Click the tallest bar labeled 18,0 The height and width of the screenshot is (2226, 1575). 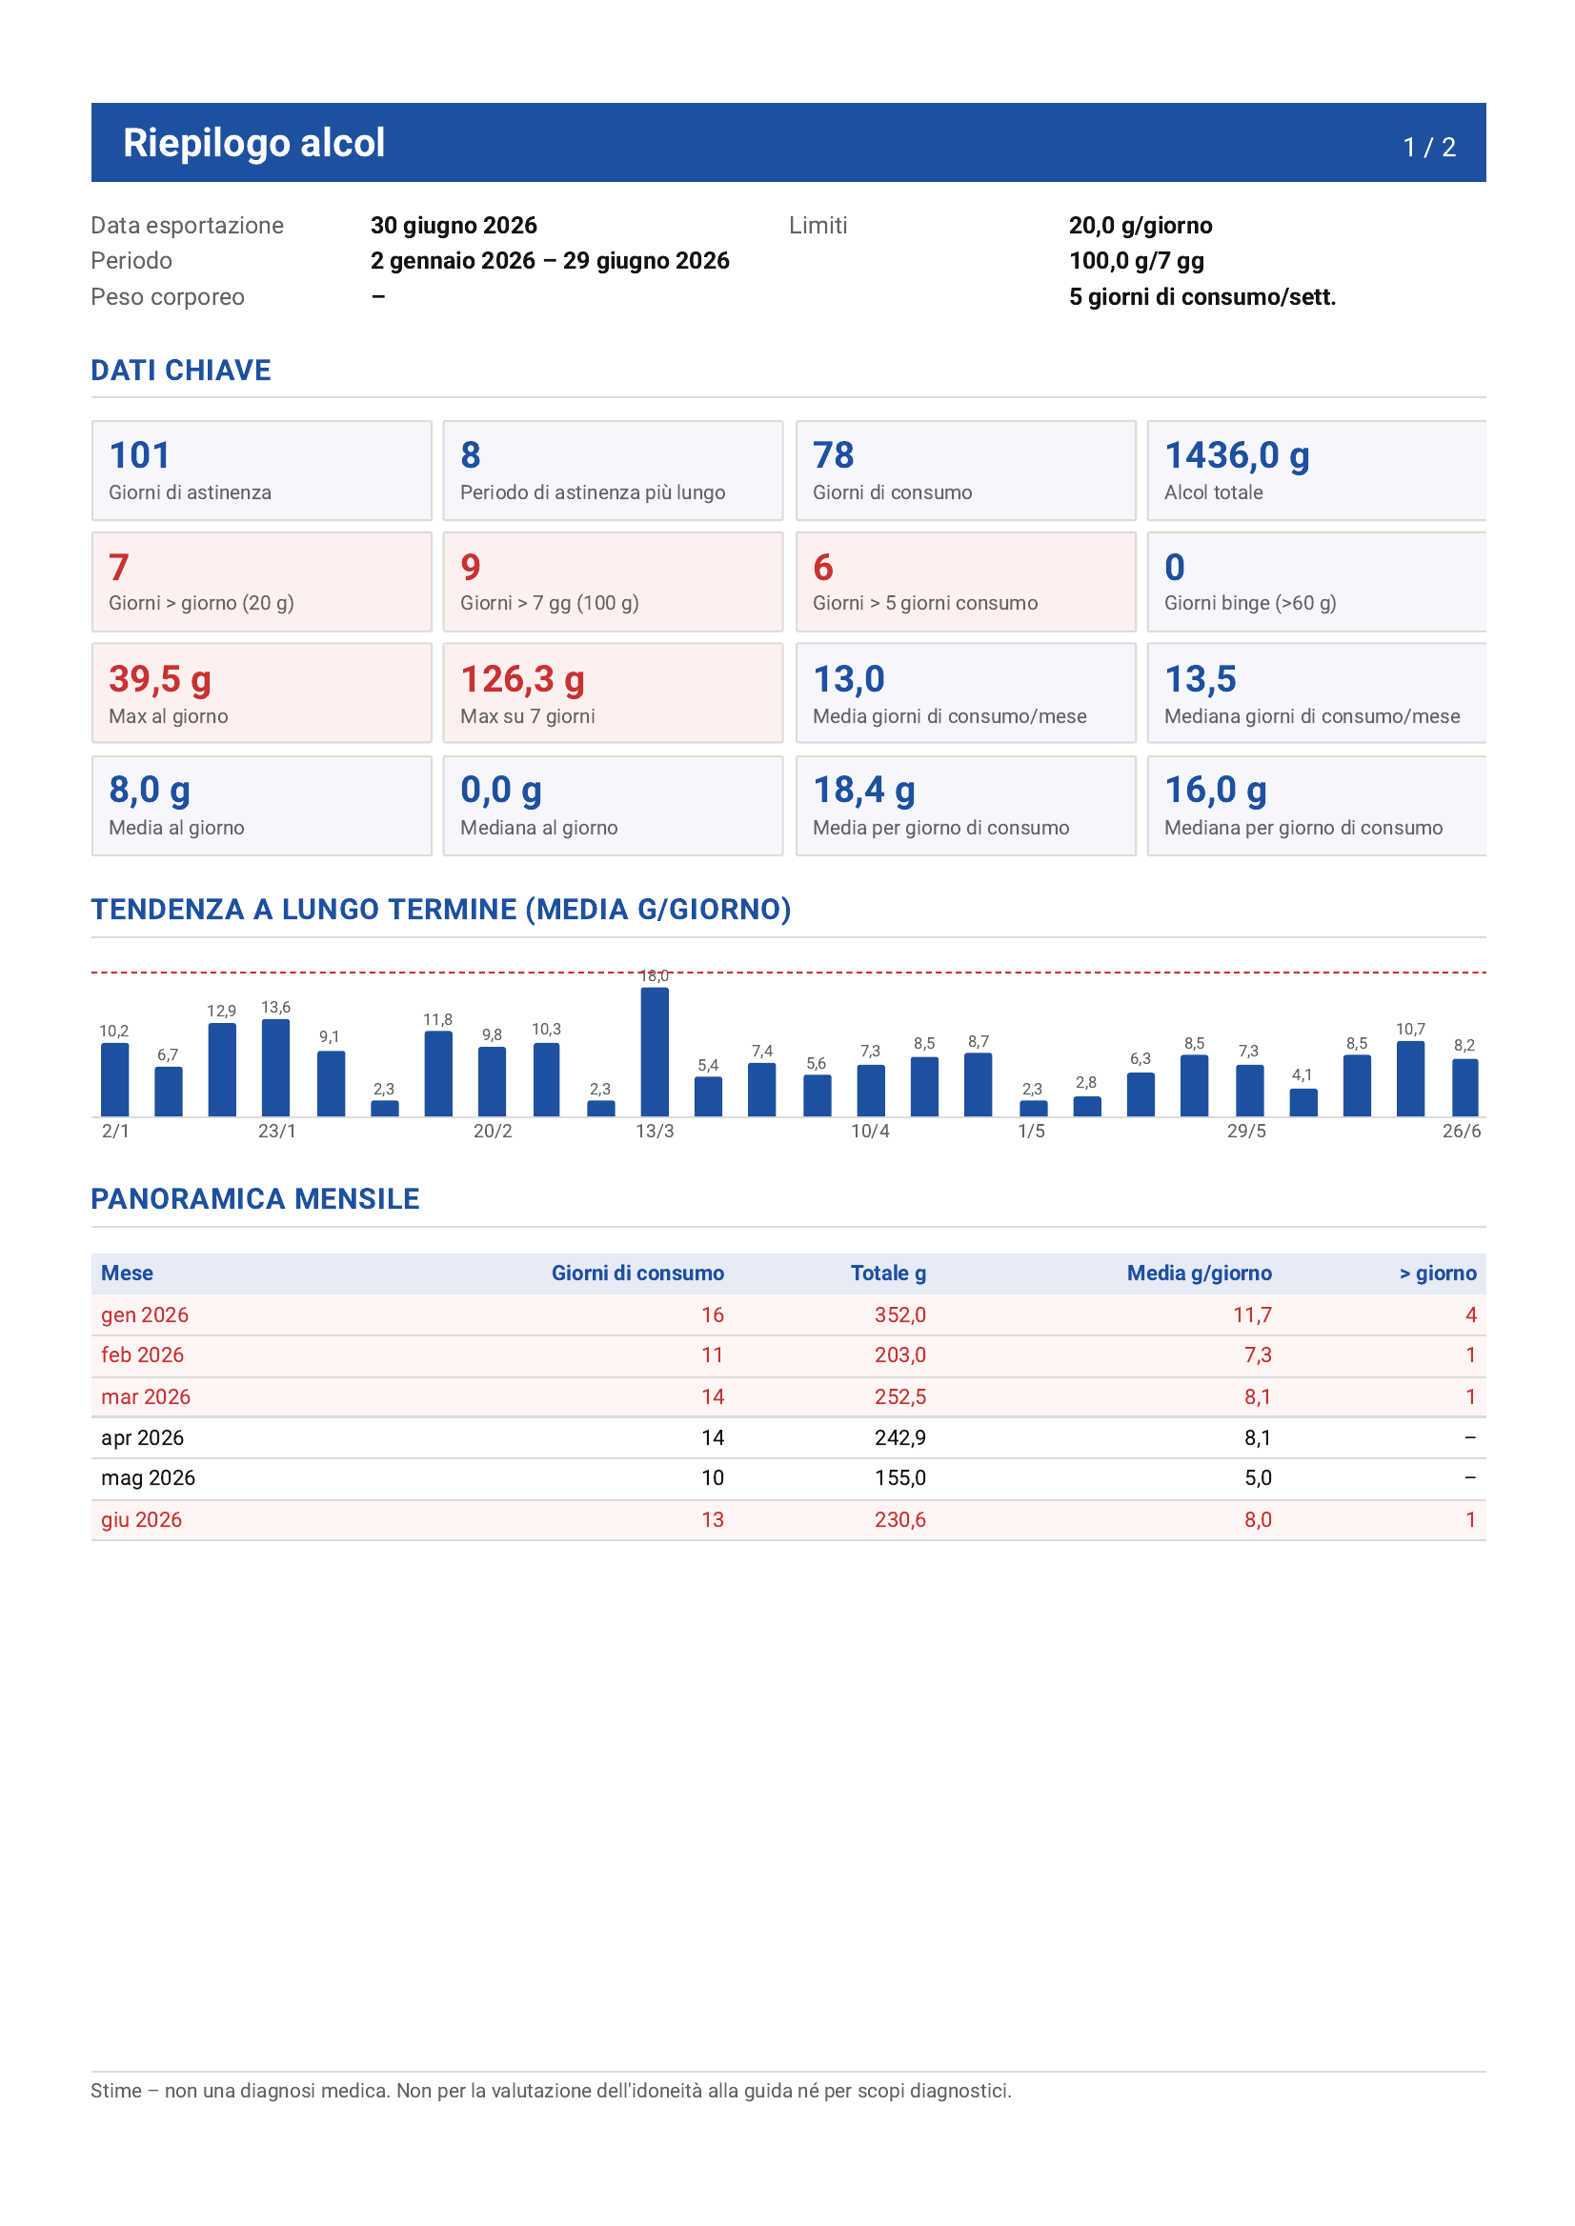click(655, 1052)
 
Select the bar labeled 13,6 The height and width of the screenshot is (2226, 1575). click(276, 1068)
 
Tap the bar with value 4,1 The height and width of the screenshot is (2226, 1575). click(1303, 1102)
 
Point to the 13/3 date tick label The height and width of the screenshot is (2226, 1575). click(655, 1132)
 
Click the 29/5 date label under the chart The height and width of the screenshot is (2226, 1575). click(1246, 1132)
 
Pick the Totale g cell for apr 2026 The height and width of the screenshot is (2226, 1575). click(900, 1437)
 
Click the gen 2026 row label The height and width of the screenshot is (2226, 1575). click(145, 1315)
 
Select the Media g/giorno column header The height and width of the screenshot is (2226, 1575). click(1199, 1273)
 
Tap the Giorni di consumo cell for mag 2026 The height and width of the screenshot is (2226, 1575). click(713, 1478)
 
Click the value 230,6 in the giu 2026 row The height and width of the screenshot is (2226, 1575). click(900, 1520)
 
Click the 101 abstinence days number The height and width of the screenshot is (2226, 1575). click(140, 455)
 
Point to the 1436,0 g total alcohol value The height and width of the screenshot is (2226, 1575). click(1237, 455)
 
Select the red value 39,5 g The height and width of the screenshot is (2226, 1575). click(160, 680)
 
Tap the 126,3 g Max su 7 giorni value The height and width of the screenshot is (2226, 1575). click(523, 680)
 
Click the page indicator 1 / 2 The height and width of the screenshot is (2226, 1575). click(1429, 148)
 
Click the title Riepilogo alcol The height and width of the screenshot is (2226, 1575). click(254, 143)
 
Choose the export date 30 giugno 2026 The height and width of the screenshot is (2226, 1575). click(454, 226)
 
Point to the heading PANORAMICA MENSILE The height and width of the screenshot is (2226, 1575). click(255, 1199)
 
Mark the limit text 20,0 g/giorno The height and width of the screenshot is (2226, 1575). click(1141, 226)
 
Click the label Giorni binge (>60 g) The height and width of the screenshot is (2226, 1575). click(1250, 603)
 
